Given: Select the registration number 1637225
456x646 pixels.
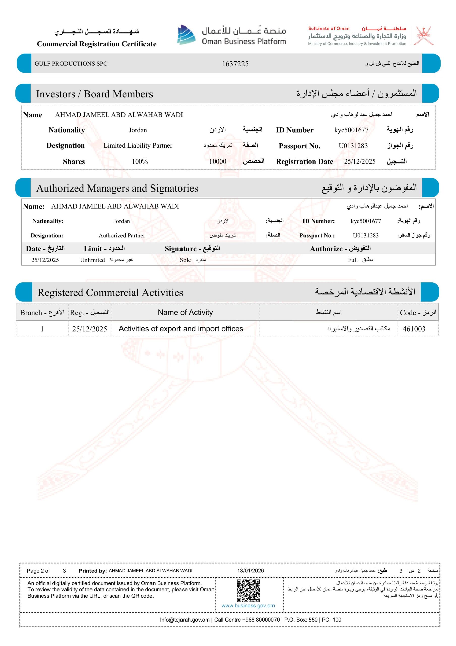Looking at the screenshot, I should coord(235,64).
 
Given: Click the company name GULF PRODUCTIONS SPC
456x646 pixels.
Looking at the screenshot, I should coord(71,64).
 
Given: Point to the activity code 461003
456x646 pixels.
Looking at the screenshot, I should coord(414,329).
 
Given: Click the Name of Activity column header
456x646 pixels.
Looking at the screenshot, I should coord(185,312).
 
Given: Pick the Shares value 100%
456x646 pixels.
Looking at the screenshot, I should coord(140,161).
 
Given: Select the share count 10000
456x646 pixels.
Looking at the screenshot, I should coord(218,161).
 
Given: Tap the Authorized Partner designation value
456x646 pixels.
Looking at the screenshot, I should coord(122,235).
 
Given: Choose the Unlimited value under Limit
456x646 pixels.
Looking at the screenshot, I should coord(93,260).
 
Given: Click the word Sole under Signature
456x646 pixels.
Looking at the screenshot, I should coord(185,260).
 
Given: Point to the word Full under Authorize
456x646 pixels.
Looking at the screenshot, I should coord(353,260).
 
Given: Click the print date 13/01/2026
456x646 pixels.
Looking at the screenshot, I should coord(251,571).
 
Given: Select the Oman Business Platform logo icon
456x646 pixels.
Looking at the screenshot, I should coord(186,35).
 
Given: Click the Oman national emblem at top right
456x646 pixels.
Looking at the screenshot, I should coord(425,36).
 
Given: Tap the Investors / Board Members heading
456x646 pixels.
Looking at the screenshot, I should coord(95,94).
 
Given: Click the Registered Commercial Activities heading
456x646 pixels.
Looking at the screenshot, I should coord(110,293).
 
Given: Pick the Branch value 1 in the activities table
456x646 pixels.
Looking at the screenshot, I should coord(42,329).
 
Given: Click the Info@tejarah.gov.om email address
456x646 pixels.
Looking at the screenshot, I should coord(185,620).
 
